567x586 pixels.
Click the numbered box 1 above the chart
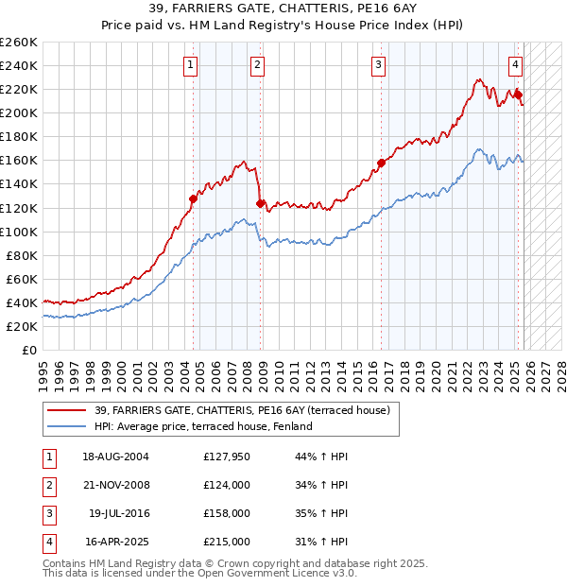tap(192, 65)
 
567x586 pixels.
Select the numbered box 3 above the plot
tap(378, 65)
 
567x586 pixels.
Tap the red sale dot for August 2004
tap(193, 198)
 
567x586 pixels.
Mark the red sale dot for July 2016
tap(381, 163)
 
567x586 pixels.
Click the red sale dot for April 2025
tap(518, 95)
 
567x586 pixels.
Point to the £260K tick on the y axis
tap(18, 43)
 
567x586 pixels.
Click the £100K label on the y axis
tap(18, 232)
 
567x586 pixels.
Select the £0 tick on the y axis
tap(28, 350)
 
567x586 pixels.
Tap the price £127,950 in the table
tap(227, 457)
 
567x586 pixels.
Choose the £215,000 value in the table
tap(227, 542)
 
